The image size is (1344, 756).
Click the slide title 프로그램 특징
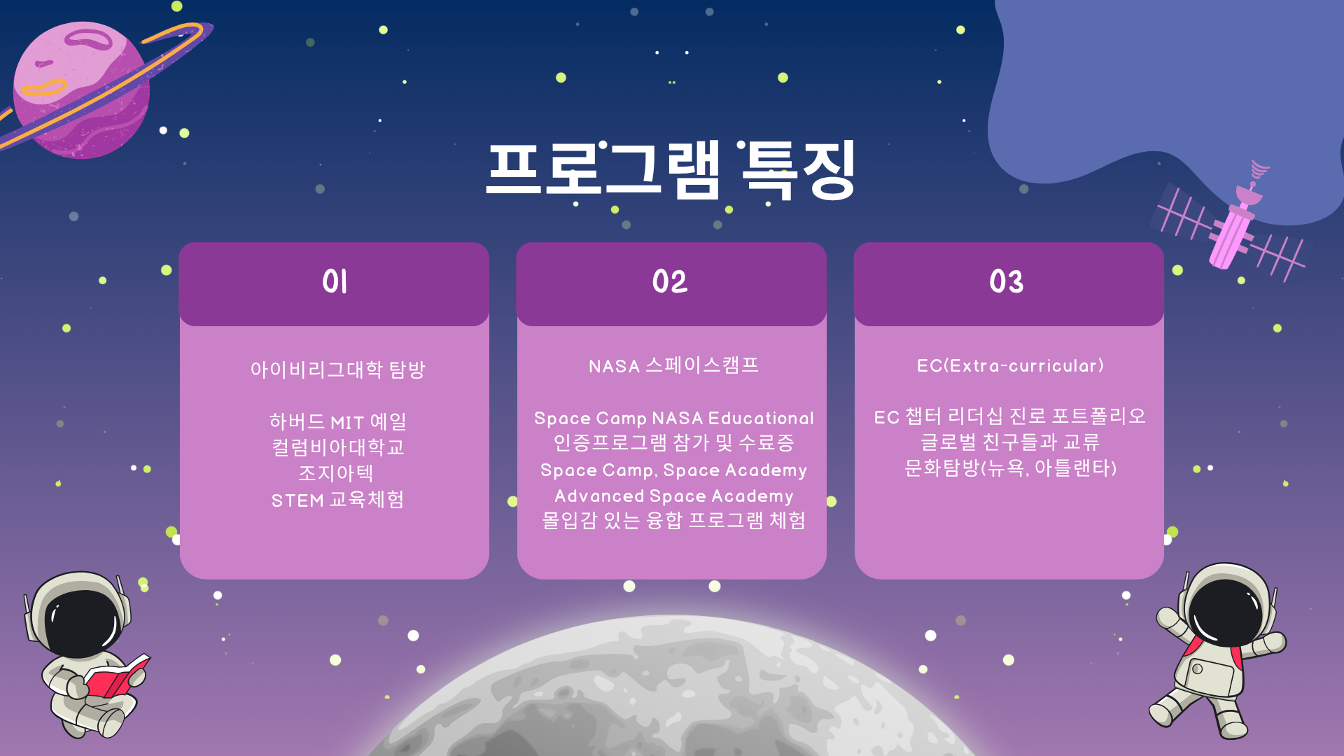point(671,170)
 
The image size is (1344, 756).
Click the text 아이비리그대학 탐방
point(337,369)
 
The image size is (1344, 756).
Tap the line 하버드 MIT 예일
point(337,421)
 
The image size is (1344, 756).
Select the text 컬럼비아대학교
point(337,447)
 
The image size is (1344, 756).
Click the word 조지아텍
point(336,473)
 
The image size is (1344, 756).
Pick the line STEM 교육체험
point(337,499)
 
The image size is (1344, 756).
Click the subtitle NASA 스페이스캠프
point(673,365)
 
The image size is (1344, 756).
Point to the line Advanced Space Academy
point(673,496)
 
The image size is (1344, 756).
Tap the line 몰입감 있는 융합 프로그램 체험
point(673,520)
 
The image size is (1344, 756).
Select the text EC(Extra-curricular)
point(1010,365)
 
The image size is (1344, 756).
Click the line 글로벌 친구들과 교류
point(1010,442)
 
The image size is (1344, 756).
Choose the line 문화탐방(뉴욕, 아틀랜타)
point(1010,468)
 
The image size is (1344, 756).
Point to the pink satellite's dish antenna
point(1249,192)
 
